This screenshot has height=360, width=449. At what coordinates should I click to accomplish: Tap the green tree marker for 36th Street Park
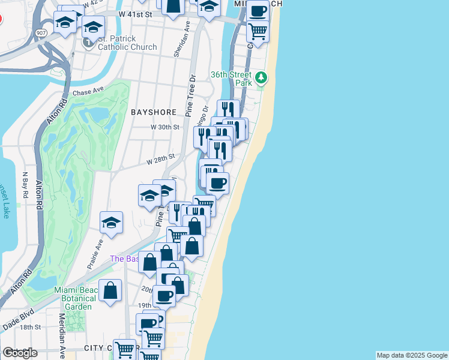[x=261, y=77]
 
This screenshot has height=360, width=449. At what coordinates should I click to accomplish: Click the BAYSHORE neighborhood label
[x=154, y=112]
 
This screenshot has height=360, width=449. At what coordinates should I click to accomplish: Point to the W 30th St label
[x=165, y=127]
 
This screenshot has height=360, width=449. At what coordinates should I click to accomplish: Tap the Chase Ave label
[x=88, y=93]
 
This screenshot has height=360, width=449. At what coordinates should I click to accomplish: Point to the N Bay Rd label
[x=26, y=182]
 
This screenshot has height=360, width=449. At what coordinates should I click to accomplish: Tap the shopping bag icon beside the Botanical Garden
[x=111, y=290]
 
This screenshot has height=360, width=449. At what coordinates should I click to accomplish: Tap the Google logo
[x=20, y=353]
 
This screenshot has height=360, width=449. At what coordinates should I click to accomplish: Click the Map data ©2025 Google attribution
[x=411, y=355]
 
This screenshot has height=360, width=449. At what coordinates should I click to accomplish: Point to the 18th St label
[x=30, y=327]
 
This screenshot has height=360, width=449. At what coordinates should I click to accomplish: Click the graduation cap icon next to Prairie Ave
[x=111, y=223]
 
